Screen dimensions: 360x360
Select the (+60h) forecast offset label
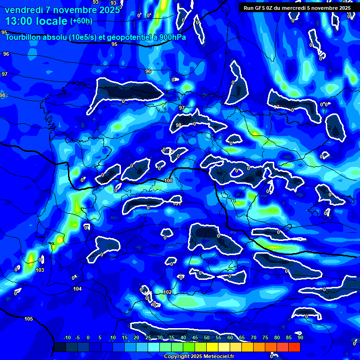coord(81,21)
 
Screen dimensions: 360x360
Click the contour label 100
coord(169,180)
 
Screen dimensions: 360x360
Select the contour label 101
coord(177,203)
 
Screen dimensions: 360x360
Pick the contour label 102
coord(167,292)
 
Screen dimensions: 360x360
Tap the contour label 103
coord(40,270)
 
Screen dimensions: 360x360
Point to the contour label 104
coord(77,289)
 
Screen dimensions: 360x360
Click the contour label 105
coord(29,319)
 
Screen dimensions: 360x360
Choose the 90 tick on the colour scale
coord(300,337)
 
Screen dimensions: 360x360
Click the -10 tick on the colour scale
coord(67,337)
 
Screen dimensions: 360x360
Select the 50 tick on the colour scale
coord(207,337)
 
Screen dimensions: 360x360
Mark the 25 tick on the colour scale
coord(148,337)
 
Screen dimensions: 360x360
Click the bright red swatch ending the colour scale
coord(294,347)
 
